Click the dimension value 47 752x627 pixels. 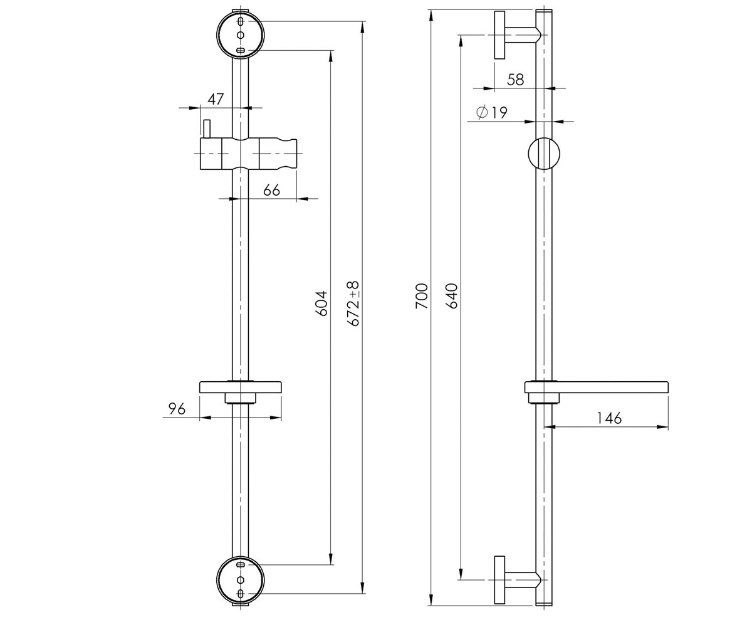(x=216, y=98)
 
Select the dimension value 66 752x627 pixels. (x=271, y=190)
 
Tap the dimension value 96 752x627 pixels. (x=177, y=409)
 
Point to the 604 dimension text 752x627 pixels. (x=321, y=303)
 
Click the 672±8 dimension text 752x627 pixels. (x=353, y=303)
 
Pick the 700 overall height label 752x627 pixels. (x=422, y=296)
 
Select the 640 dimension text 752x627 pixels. (x=451, y=296)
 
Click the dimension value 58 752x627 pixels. (x=515, y=80)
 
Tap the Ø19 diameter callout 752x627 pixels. (x=491, y=112)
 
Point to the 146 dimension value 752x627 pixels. (x=609, y=418)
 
